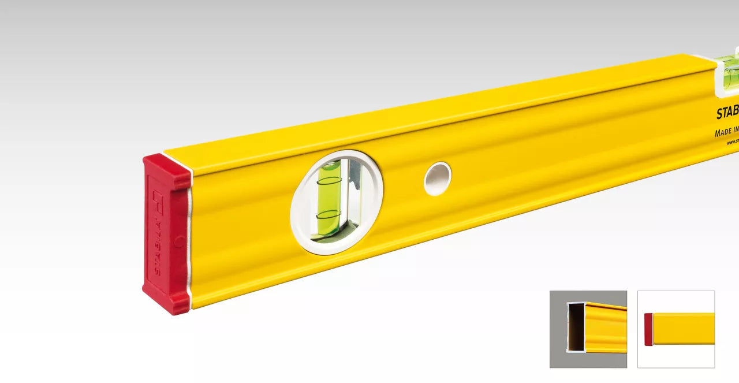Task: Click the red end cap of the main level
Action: [166, 234]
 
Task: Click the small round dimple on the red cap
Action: [180, 241]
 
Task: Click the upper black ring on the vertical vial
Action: [329, 181]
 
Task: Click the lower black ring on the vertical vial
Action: [329, 214]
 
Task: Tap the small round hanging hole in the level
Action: [438, 179]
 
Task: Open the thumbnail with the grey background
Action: [588, 329]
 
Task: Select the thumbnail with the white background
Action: [676, 329]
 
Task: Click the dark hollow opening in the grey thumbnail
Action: [576, 327]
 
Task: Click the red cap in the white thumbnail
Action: [648, 329]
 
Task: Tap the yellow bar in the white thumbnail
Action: [684, 329]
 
